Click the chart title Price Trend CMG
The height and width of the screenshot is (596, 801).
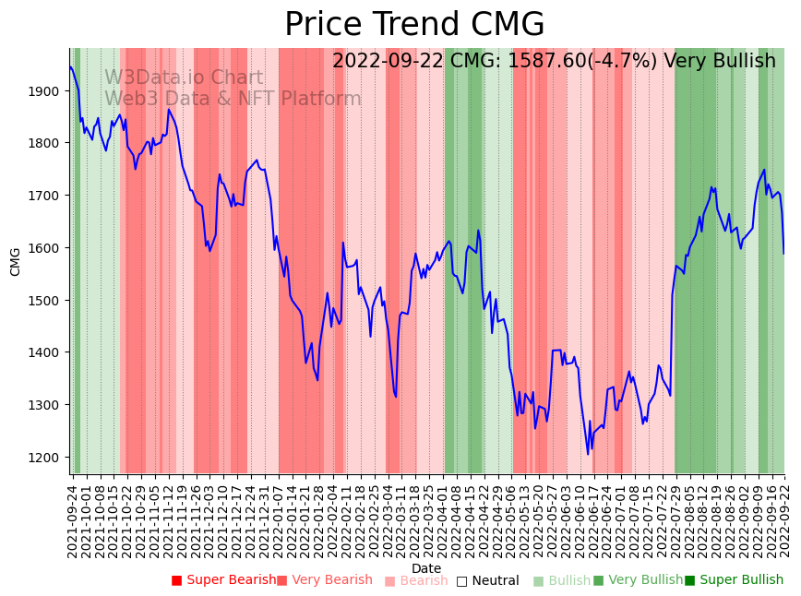pyautogui.click(x=414, y=25)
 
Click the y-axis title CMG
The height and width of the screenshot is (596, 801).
pyautogui.click(x=16, y=261)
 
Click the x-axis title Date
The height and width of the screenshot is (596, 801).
pyautogui.click(x=426, y=568)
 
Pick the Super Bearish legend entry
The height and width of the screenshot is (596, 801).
pyautogui.click(x=224, y=580)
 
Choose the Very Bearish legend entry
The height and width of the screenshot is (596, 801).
pyautogui.click(x=324, y=580)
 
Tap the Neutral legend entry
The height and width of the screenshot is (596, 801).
pyautogui.click(x=487, y=580)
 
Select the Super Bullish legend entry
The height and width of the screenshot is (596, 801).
pyautogui.click(x=734, y=580)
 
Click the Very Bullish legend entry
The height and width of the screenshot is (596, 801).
pyautogui.click(x=638, y=580)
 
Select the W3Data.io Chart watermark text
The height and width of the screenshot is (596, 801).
pyautogui.click(x=184, y=77)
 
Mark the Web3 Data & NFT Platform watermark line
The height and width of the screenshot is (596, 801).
pyautogui.click(x=233, y=99)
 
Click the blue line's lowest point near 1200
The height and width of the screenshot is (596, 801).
pyautogui.click(x=588, y=453)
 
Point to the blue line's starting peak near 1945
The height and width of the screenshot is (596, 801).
pyautogui.click(x=71, y=66)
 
